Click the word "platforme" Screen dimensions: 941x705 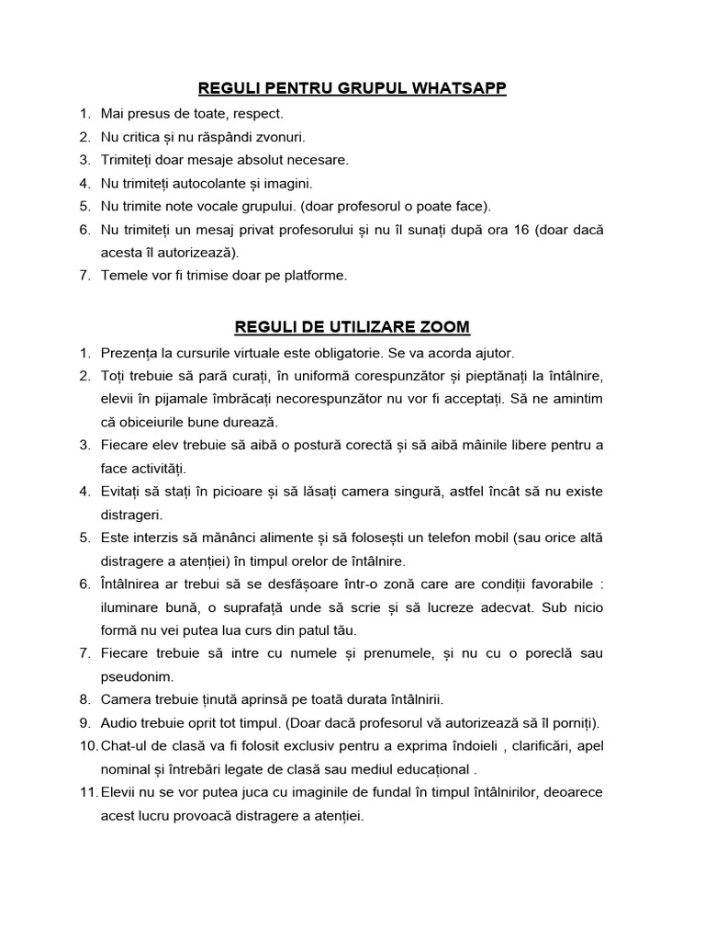click(318, 275)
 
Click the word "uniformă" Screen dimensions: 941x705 click(301, 376)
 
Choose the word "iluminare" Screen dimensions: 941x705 click(131, 607)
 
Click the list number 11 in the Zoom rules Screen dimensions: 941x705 click(85, 791)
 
